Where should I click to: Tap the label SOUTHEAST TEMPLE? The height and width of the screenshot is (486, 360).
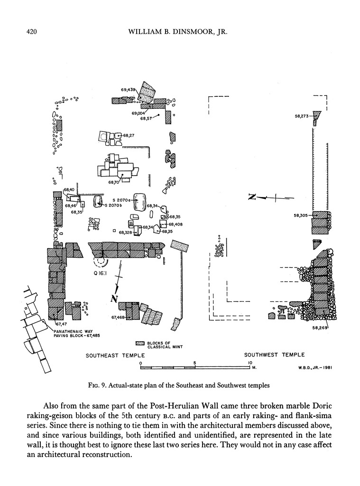tap(115, 355)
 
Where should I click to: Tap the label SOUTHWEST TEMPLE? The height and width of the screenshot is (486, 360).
tap(274, 355)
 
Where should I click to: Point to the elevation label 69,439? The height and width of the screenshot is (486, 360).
tap(128, 89)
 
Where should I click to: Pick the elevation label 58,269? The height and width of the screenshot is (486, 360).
tap(321, 327)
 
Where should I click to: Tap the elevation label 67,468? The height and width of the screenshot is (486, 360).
tap(118, 318)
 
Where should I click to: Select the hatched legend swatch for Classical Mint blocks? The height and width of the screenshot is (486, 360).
tap(140, 343)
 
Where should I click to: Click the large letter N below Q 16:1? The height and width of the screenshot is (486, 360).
tap(114, 298)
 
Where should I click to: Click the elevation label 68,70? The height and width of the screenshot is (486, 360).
tap(113, 182)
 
